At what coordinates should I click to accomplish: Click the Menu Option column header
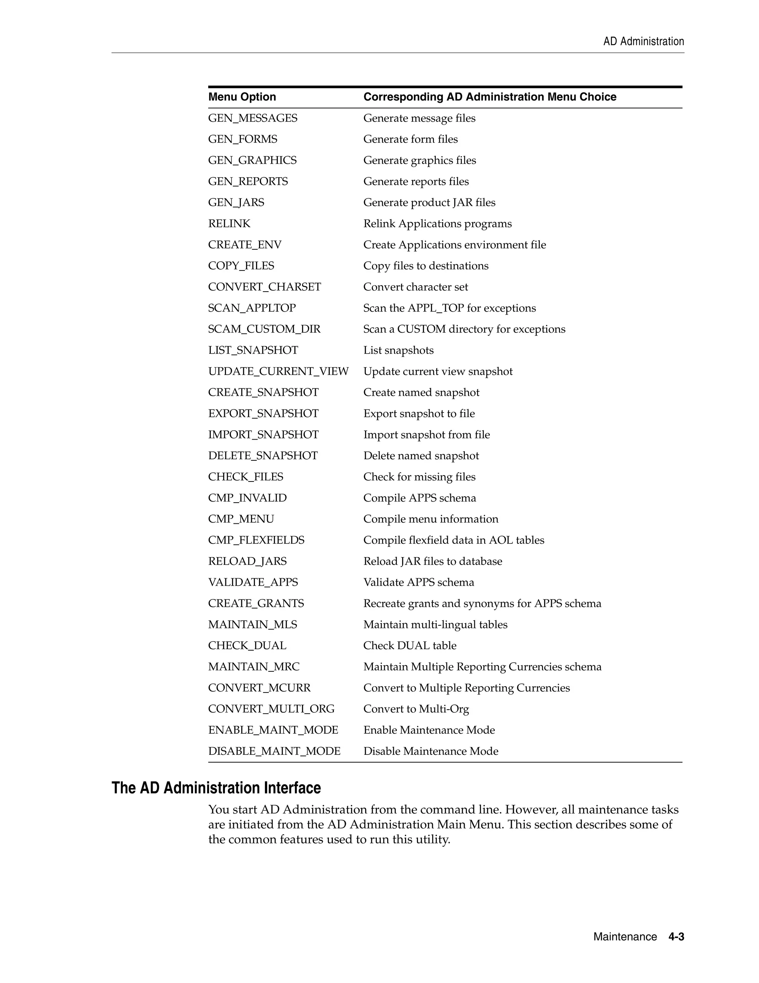[x=242, y=97]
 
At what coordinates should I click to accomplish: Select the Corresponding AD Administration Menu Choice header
[x=490, y=97]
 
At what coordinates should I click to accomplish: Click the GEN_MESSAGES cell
[x=253, y=118]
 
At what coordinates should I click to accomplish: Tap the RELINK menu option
[x=229, y=224]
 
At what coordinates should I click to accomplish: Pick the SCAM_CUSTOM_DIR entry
[x=264, y=329]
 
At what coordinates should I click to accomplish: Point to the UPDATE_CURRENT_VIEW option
[x=278, y=371]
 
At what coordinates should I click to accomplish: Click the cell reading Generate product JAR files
[x=430, y=203]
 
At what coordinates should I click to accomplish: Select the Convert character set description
[x=415, y=287]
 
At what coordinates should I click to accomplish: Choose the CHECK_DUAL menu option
[x=247, y=645]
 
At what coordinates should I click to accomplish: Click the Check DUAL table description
[x=410, y=645]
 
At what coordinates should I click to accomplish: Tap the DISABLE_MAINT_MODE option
[x=274, y=751]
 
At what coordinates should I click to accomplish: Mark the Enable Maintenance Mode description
[x=429, y=730]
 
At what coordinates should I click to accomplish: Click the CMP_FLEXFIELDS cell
[x=256, y=540]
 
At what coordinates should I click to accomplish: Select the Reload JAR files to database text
[x=432, y=561]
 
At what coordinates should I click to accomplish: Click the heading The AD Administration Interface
[x=216, y=788]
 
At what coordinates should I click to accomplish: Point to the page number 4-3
[x=676, y=937]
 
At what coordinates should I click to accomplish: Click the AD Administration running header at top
[x=643, y=42]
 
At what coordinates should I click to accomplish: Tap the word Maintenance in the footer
[x=625, y=937]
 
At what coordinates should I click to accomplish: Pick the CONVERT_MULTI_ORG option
[x=271, y=709]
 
